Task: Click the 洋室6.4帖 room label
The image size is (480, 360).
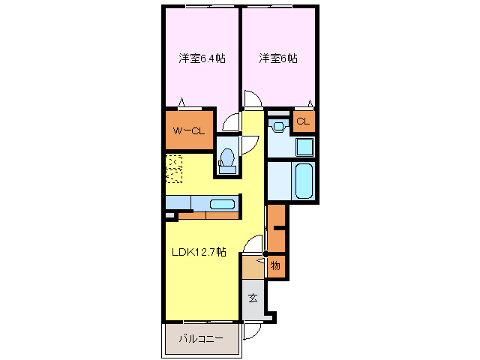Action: coord(202,58)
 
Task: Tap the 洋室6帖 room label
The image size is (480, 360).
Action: coord(278,58)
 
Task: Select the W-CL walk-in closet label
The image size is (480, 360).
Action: coord(188,131)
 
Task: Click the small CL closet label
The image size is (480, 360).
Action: coord(303,121)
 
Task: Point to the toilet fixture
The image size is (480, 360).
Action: coord(227,160)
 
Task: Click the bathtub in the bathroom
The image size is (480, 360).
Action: coord(303,181)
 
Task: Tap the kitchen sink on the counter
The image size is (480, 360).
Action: coord(222,204)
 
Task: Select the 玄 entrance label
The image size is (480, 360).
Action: coord(253,298)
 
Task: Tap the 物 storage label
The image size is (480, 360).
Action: coord(275,265)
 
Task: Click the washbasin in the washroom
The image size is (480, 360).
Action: coord(278,125)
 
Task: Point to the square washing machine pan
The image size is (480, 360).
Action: coord(303,145)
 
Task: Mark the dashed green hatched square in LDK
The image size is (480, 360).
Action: coord(174,169)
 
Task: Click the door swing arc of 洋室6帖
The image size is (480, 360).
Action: coord(253,100)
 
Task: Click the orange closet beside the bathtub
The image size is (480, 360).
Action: coord(277,229)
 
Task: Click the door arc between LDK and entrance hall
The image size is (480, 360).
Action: coord(256,244)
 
